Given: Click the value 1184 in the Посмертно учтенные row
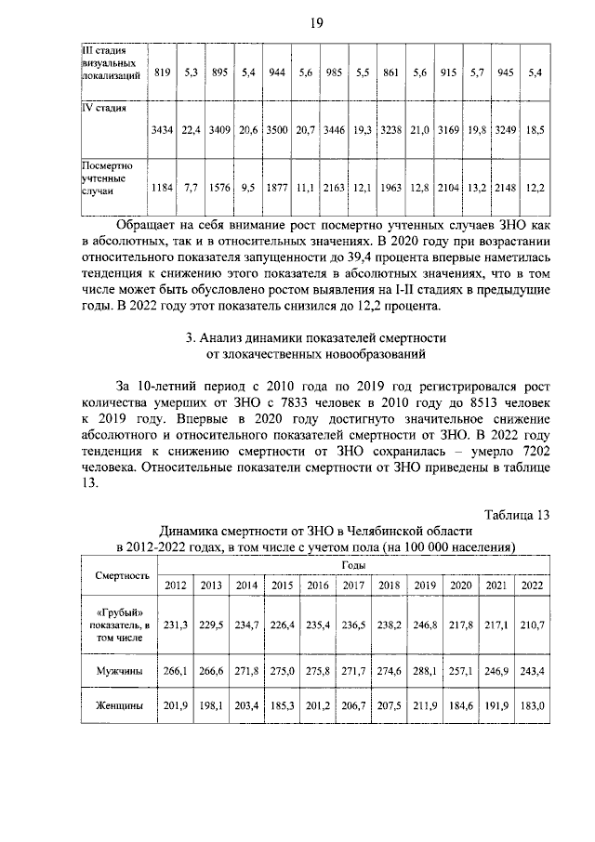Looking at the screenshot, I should point(164,189).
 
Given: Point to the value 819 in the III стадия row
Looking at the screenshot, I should point(164,72).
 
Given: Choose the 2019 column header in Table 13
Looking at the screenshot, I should point(425,585).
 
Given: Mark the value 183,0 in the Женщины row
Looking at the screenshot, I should point(532,706).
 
